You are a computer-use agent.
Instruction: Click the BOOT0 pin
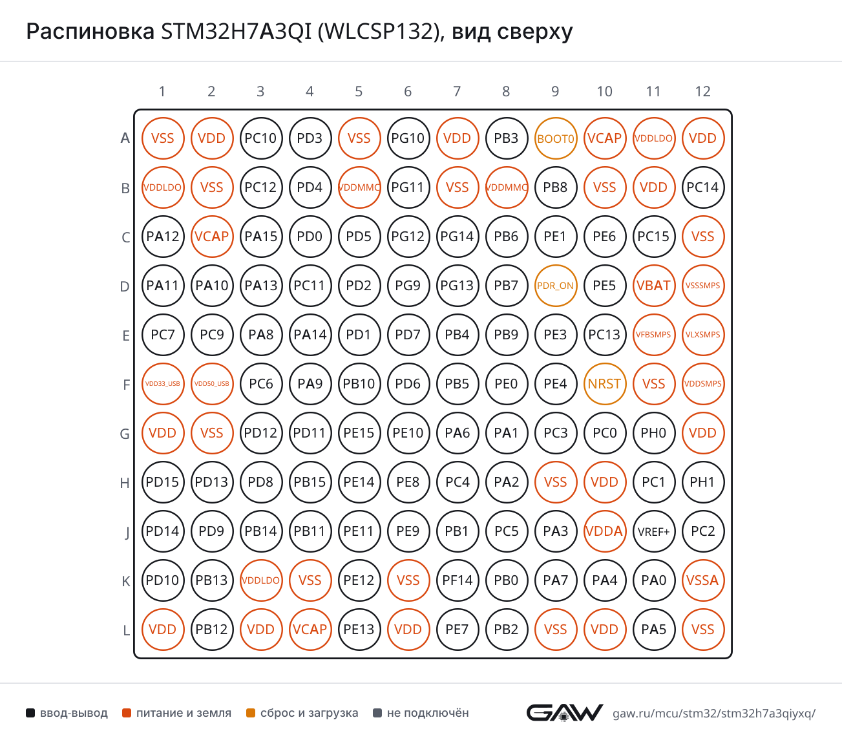click(x=555, y=138)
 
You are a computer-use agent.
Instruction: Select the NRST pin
click(x=604, y=384)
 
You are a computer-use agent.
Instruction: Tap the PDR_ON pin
click(x=555, y=286)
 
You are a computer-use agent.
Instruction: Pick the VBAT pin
click(x=653, y=286)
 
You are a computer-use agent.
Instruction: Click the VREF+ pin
click(x=653, y=531)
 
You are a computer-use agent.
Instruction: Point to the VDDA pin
click(x=604, y=531)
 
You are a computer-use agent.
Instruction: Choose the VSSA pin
click(x=703, y=580)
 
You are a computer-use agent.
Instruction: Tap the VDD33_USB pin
click(x=162, y=384)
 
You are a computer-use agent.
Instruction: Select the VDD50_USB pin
click(x=211, y=384)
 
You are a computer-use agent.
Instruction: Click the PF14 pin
click(x=457, y=580)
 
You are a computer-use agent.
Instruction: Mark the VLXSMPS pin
click(x=703, y=335)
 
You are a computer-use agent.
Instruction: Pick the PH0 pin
click(x=653, y=433)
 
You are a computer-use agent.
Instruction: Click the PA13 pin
click(x=260, y=286)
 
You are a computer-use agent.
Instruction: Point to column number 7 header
click(x=457, y=91)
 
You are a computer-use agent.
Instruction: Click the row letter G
click(x=125, y=434)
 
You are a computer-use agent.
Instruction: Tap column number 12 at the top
click(x=703, y=91)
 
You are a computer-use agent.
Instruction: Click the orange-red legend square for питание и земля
click(x=127, y=713)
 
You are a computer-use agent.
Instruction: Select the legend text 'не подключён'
click(x=428, y=713)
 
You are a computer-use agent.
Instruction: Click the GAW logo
click(x=565, y=712)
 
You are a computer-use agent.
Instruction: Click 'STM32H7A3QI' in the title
click(x=236, y=31)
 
